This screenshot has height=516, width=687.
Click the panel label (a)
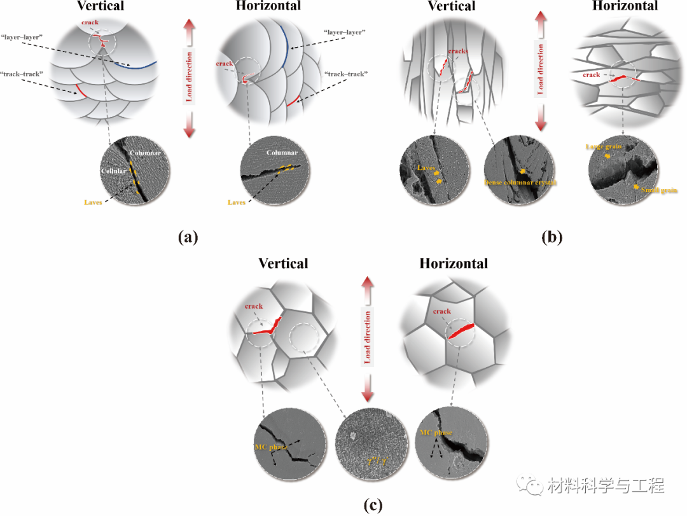coord(188,237)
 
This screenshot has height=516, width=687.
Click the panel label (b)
coord(551,237)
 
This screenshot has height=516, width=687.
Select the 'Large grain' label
coord(604,147)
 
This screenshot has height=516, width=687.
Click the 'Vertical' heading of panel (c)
coord(283,263)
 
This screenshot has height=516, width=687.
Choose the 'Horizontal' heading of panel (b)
coord(625,6)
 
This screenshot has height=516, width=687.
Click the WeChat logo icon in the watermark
coord(529,487)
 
